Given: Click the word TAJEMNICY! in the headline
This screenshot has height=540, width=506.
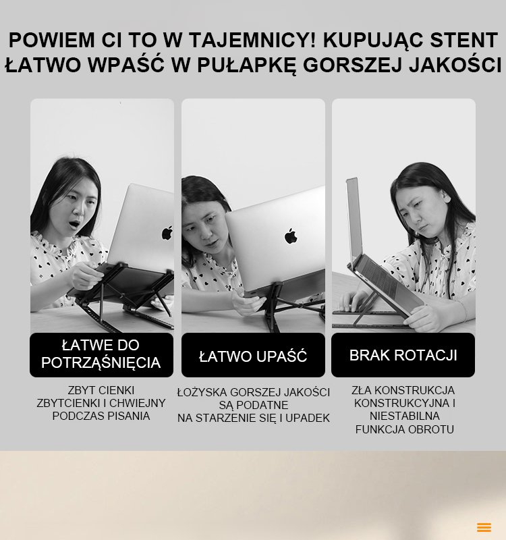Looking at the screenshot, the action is tap(252, 40).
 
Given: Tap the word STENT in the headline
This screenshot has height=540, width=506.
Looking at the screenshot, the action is tap(463, 40).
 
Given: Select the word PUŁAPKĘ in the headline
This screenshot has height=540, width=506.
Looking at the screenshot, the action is tap(246, 65).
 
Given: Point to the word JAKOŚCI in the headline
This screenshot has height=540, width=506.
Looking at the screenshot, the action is tap(455, 65).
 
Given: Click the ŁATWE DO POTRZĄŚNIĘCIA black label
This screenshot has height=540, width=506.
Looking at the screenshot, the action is tap(102, 355).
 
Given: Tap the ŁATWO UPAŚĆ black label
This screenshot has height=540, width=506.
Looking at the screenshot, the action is tap(253, 355).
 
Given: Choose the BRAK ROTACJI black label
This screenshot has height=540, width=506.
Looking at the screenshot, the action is tap(403, 355).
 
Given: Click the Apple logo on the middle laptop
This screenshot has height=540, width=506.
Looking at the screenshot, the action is tap(291, 236).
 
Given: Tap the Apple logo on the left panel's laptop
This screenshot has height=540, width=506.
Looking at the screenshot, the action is tap(167, 233).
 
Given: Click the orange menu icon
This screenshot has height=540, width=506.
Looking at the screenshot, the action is tap(484, 527).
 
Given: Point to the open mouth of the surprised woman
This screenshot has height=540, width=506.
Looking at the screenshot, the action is tap(74, 224).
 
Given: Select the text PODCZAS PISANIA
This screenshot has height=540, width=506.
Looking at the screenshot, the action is tap(101, 416).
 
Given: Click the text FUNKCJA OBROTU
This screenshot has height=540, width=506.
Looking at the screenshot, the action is tap(404, 429).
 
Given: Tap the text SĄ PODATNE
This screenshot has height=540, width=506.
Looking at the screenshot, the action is tap(254, 405).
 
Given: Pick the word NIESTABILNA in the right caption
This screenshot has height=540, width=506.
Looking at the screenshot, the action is tap(404, 416).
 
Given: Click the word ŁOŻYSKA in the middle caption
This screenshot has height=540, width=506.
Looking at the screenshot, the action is tap(202, 392).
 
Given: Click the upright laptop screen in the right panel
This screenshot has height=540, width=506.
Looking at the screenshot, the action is tap(353, 221).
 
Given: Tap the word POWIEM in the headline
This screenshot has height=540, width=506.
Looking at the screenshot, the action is tap(51, 40).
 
